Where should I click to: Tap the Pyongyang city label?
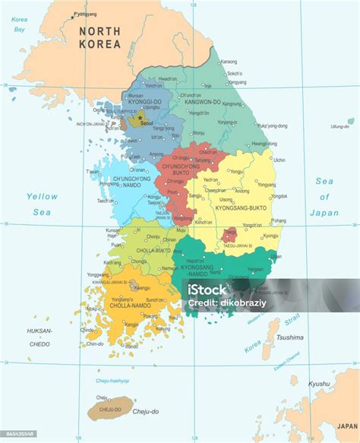pos(86,14)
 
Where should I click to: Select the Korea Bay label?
pos(20,25)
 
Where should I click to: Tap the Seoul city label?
pos(147,122)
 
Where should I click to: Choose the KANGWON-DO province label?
pos(201,102)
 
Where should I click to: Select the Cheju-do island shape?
pos(110,411)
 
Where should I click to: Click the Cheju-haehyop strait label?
pos(112,381)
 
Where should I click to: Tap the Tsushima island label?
pos(289,337)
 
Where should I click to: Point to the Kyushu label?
pos(319,384)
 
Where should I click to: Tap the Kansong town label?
pos(228,62)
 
